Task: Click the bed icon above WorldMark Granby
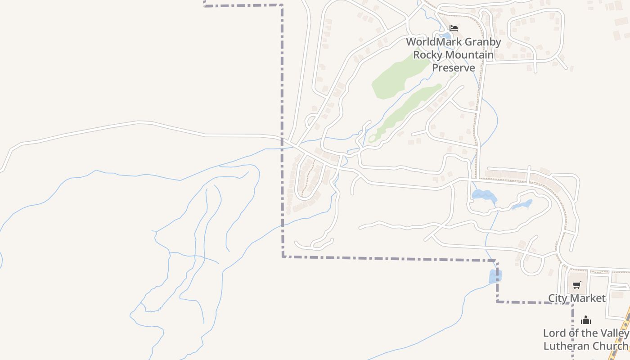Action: pyautogui.click(x=454, y=28)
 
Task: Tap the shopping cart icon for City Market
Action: pyautogui.click(x=577, y=284)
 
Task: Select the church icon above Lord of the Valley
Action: pyautogui.click(x=585, y=320)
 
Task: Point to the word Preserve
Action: pyautogui.click(x=454, y=68)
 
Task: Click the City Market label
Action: pyautogui.click(x=576, y=298)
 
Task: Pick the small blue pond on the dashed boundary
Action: pyautogui.click(x=495, y=276)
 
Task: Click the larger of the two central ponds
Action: pyautogui.click(x=483, y=195)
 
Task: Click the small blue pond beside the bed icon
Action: pyautogui.click(x=445, y=36)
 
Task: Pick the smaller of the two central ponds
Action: pyautogui.click(x=522, y=205)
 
